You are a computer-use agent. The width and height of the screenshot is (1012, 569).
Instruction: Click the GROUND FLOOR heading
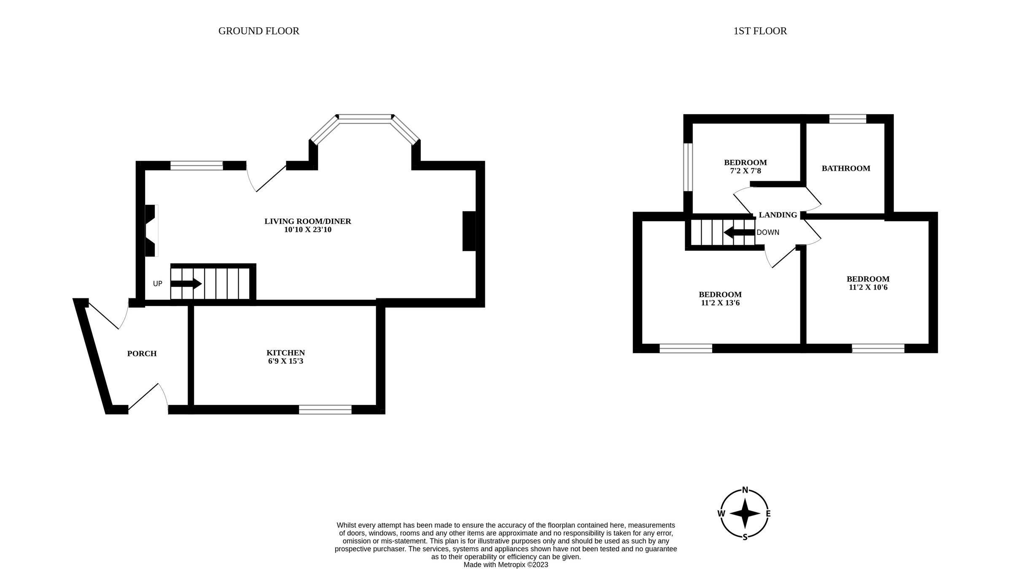[258, 31]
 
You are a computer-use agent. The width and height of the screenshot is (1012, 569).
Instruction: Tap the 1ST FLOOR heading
[760, 31]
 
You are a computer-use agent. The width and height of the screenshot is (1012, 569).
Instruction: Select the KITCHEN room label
[285, 353]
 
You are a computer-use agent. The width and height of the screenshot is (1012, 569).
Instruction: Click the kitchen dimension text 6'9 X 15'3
[285, 361]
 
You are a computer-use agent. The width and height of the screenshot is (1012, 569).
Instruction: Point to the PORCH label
[142, 354]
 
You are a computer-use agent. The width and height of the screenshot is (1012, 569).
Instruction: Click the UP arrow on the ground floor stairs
[186, 283]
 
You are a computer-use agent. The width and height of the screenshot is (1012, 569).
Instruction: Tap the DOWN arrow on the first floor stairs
[739, 232]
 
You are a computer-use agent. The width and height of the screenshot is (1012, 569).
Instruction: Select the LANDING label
[778, 215]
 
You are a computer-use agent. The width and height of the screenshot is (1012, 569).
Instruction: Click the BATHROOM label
[845, 169]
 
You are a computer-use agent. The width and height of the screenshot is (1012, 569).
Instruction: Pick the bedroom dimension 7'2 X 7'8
[745, 171]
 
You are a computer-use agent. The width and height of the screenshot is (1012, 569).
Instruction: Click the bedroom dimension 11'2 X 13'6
[720, 303]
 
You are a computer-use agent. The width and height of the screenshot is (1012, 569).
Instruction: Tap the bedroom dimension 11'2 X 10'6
[868, 287]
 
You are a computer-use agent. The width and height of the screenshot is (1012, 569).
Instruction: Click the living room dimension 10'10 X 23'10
[307, 230]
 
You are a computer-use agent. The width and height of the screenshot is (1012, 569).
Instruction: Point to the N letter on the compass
[745, 490]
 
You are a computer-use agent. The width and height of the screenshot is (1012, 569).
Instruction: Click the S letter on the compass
[745, 537]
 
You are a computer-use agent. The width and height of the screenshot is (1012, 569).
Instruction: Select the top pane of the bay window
[365, 118]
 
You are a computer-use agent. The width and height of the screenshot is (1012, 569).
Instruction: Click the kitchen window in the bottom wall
[325, 409]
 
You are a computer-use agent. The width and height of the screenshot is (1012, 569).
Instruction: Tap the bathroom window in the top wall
[847, 119]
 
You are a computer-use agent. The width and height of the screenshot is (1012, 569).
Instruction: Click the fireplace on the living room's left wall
[150, 230]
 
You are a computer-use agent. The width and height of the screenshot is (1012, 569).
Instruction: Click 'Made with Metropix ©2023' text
[506, 565]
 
